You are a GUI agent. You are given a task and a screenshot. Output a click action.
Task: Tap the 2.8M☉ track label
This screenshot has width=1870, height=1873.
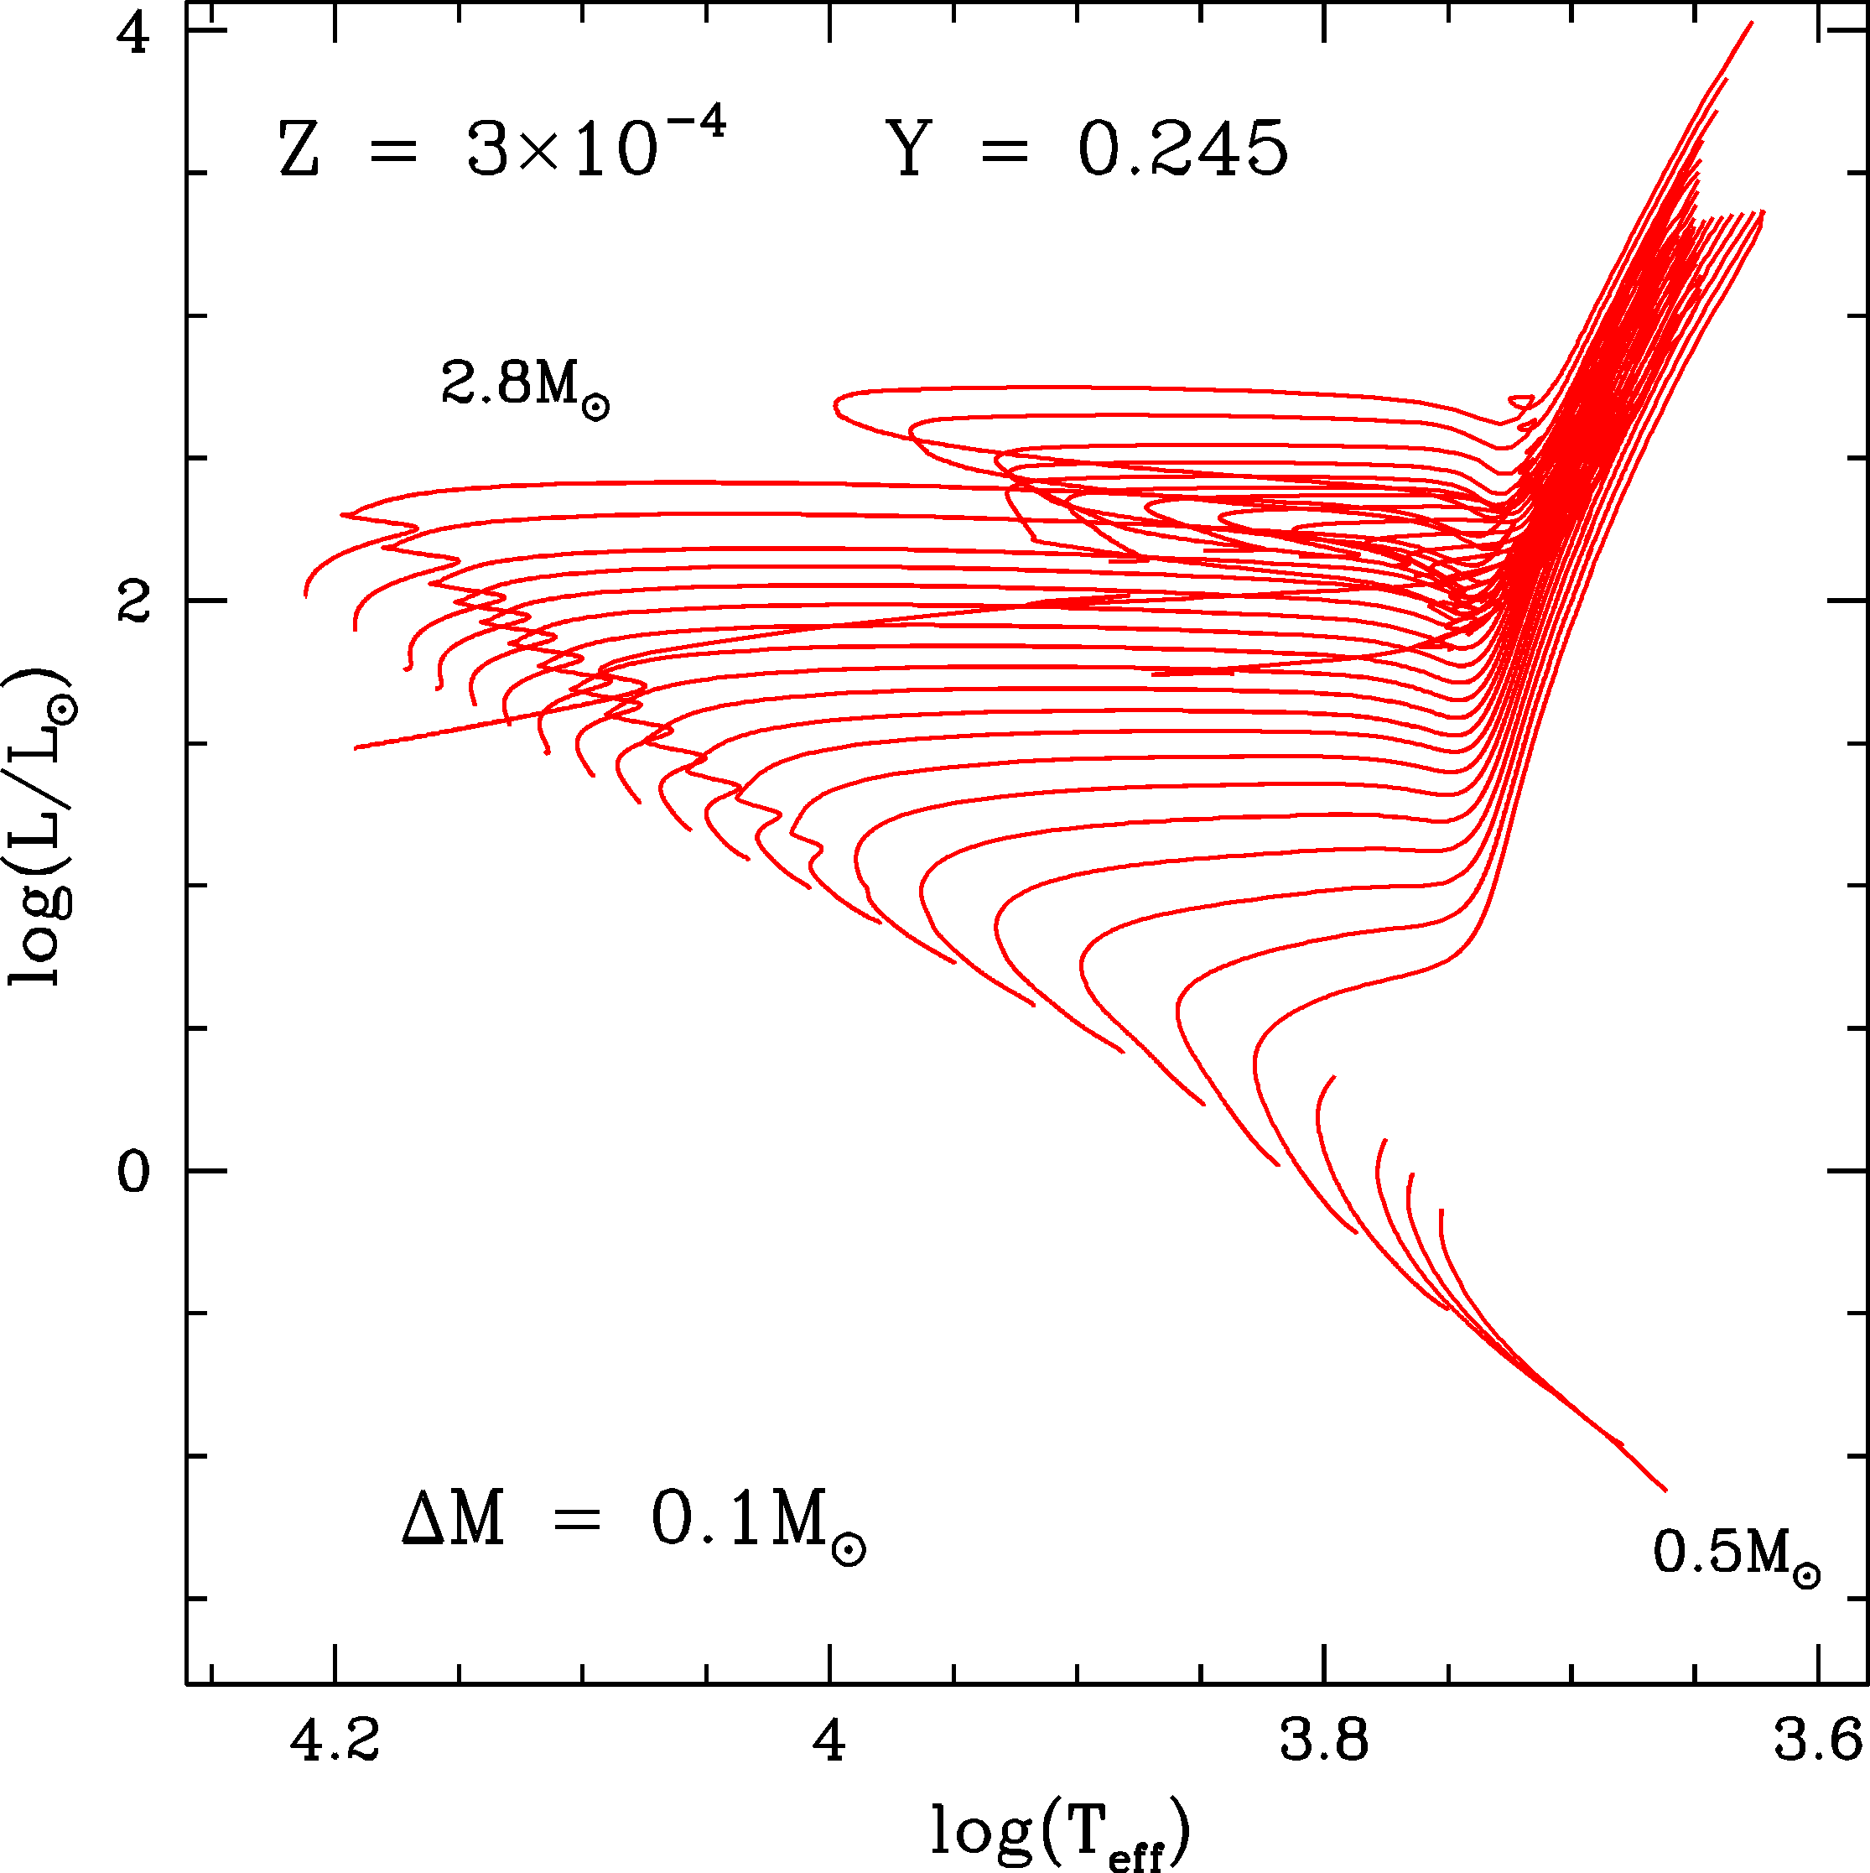(x=524, y=385)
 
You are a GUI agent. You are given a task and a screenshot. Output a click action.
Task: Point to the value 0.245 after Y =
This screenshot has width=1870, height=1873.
(x=1182, y=150)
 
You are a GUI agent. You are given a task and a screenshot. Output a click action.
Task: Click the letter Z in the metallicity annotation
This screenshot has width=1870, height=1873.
(x=299, y=150)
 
